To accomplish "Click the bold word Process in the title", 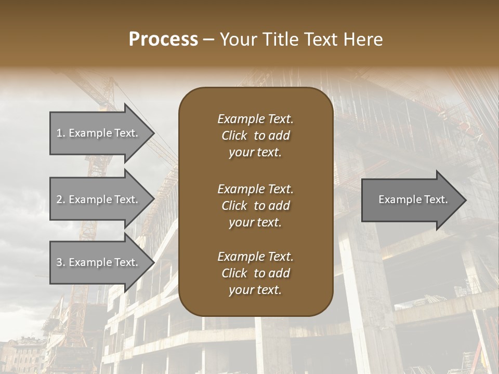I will click(x=163, y=39).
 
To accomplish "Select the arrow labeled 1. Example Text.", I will click(x=99, y=133).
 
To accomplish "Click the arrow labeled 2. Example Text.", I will click(x=99, y=199).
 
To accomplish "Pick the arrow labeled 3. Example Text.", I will click(x=99, y=262).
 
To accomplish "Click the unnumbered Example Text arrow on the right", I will click(x=411, y=199).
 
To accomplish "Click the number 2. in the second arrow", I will click(x=61, y=199).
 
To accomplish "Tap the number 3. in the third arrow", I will click(x=61, y=262).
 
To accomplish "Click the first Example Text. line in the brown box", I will click(x=255, y=119).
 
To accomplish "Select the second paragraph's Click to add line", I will click(x=255, y=206).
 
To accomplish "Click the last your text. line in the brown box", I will click(x=255, y=290).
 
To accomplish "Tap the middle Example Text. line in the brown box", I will click(x=255, y=189).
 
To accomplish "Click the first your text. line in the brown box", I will click(x=255, y=153).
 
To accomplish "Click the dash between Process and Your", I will click(x=209, y=39).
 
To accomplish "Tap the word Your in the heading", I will click(x=238, y=39).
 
